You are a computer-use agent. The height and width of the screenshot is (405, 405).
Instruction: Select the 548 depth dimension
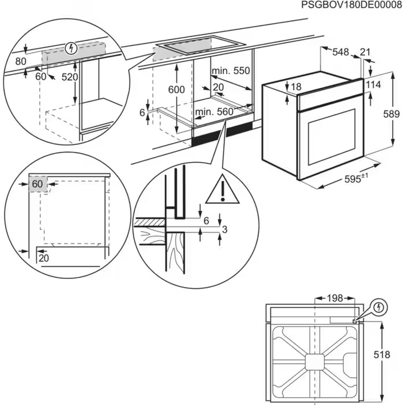[341, 52]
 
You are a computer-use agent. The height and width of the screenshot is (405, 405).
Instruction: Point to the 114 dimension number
[384, 85]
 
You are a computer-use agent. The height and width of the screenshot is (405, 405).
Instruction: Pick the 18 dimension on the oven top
[296, 87]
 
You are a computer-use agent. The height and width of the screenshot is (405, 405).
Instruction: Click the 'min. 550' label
[230, 71]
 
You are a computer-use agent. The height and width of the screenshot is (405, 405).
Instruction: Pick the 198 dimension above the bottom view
[335, 298]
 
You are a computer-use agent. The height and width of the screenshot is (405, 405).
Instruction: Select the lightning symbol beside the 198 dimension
[378, 307]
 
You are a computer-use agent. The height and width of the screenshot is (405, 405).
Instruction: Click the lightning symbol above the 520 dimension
[71, 48]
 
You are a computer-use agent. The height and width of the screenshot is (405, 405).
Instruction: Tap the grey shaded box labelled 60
[38, 183]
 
